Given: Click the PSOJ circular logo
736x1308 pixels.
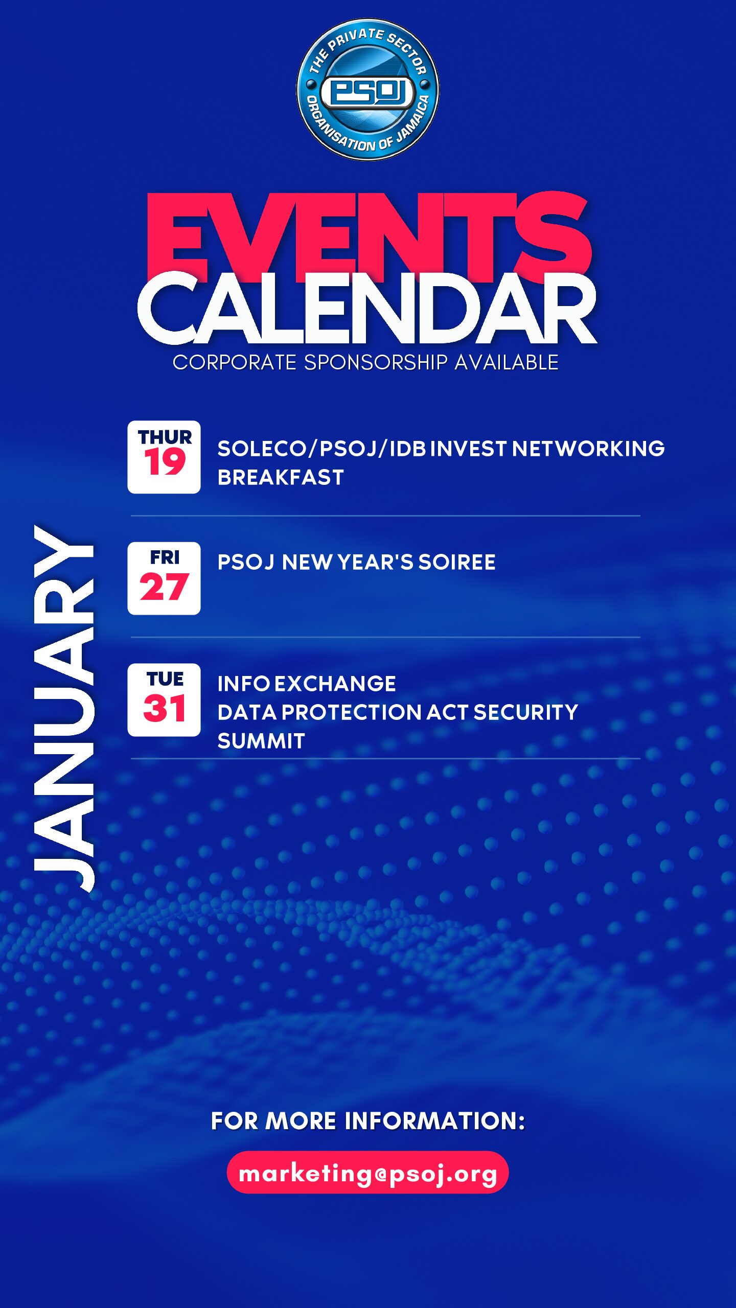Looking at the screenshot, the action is [x=367, y=90].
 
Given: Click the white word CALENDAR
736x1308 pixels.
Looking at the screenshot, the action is [x=367, y=308].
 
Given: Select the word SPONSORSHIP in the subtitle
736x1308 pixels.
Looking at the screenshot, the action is [x=376, y=362].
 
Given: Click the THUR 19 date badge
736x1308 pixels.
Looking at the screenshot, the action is [x=164, y=457].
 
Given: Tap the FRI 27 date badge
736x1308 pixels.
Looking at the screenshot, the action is [x=164, y=578].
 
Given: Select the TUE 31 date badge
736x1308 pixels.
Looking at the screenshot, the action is [x=164, y=700].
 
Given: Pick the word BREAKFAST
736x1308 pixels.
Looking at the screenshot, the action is [x=281, y=477].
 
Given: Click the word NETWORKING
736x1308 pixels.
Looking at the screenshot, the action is [x=588, y=449].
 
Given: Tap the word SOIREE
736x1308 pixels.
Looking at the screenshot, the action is [x=457, y=562].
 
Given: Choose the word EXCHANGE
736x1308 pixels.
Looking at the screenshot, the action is [x=335, y=684].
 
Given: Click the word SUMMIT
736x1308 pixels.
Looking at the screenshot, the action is [x=261, y=741].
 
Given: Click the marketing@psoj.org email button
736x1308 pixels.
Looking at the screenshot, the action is [x=367, y=1172].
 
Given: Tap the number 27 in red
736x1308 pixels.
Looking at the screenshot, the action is [x=164, y=587].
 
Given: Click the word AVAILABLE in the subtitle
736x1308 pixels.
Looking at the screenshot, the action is [x=507, y=362].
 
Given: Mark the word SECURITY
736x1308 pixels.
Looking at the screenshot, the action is [x=526, y=712].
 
